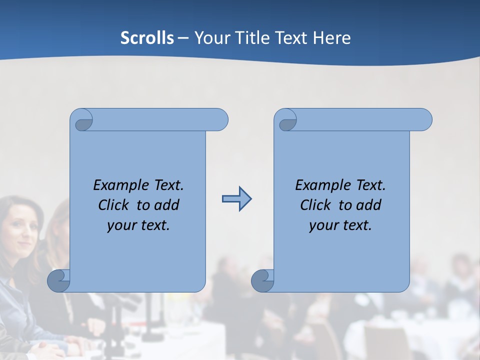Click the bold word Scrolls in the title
pyautogui.click(x=147, y=38)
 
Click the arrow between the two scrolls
pyautogui.click(x=236, y=199)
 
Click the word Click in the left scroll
pyautogui.click(x=114, y=205)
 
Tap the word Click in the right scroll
pyautogui.click(x=316, y=205)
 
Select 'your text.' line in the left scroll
pyautogui.click(x=138, y=225)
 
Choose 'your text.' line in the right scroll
pyautogui.click(x=340, y=225)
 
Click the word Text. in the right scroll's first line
pyautogui.click(x=370, y=185)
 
